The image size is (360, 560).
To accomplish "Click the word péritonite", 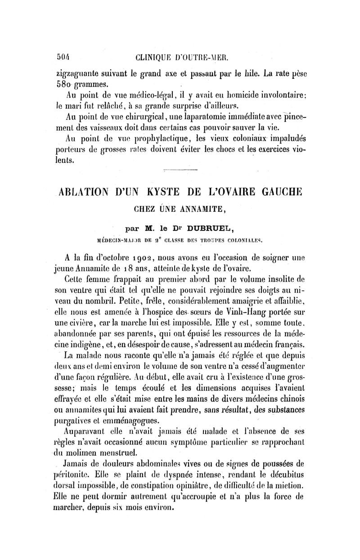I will (70, 475).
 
